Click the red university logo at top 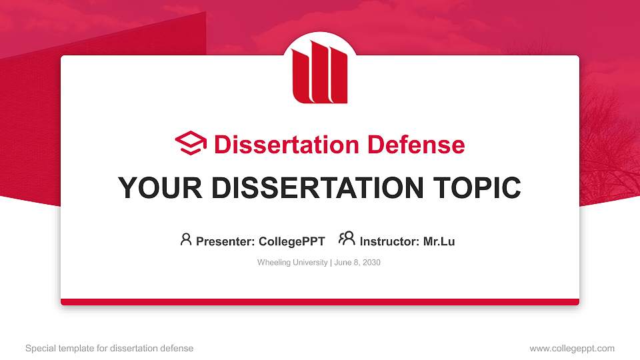[x=320, y=72]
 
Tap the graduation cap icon [x=191, y=144]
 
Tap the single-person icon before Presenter [x=186, y=239]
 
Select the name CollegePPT [x=291, y=241]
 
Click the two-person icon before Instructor [x=347, y=239]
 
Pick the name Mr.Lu [x=439, y=241]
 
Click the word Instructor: [x=389, y=241]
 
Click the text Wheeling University [x=292, y=263]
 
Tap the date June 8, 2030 [x=357, y=263]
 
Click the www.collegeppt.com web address [x=572, y=348]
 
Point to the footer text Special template [x=67, y=348]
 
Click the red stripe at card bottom [x=320, y=302]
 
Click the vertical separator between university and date [x=330, y=263]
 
